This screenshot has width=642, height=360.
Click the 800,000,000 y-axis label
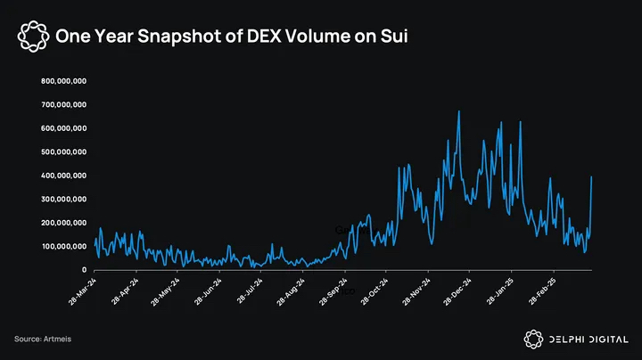pos(63,81)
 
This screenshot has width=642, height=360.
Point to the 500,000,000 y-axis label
pos(63,151)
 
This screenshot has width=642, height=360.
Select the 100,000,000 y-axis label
pos(63,246)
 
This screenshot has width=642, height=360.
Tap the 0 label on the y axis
pos(84,269)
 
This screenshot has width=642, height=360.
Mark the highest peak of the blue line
pos(458,111)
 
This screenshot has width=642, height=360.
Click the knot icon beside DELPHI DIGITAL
pos(532,339)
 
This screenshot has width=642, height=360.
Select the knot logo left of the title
pos(33,37)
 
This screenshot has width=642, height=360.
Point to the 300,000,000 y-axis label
pos(63,199)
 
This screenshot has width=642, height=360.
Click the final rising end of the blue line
pos(592,177)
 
